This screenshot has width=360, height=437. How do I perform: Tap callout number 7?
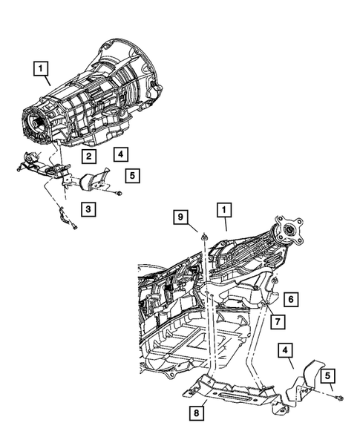(276, 321)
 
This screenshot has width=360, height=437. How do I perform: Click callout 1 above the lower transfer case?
(223, 211)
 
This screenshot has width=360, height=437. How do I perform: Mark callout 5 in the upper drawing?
(131, 176)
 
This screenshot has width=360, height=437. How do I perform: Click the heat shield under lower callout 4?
(306, 381)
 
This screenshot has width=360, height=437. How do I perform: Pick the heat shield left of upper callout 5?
(94, 183)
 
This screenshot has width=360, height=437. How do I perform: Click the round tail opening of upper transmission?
(35, 123)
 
